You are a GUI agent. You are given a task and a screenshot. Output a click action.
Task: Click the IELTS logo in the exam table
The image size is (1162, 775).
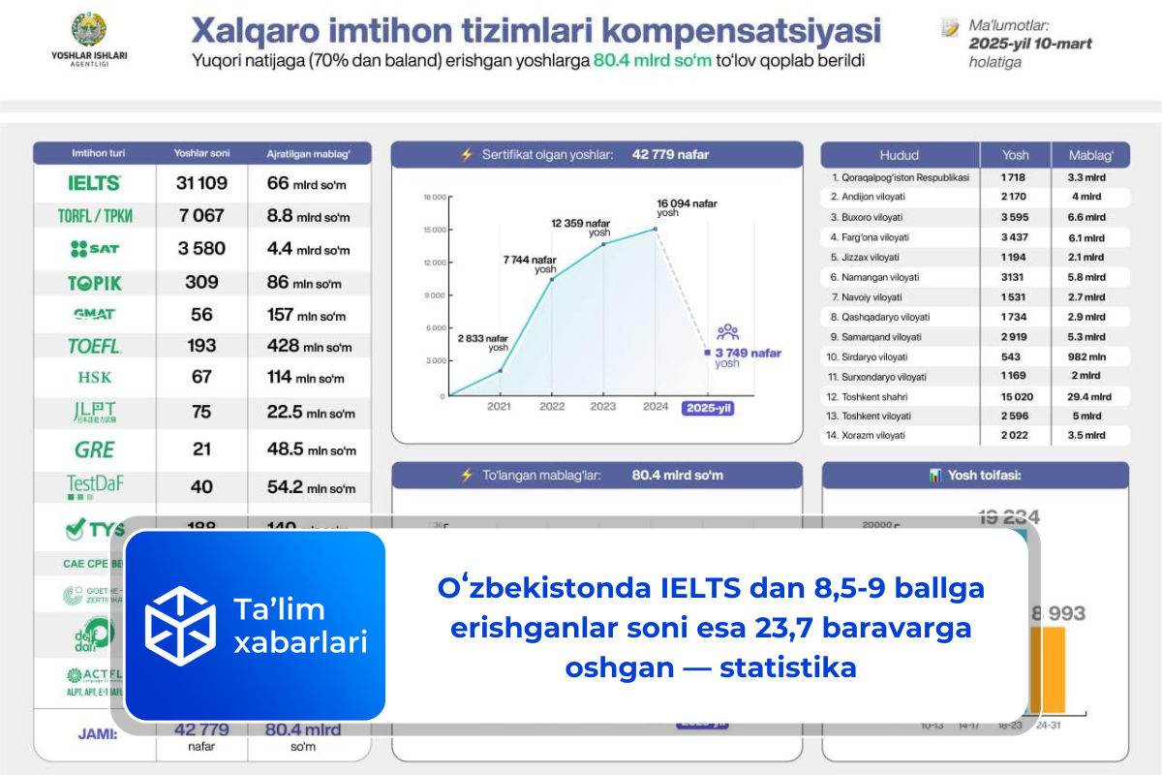tap(94, 183)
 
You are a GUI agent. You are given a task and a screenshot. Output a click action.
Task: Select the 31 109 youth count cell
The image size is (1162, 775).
tap(201, 183)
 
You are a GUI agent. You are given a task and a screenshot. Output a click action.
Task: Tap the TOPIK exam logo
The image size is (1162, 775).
tap(94, 283)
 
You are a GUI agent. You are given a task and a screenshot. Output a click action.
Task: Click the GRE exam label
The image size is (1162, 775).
tap(94, 449)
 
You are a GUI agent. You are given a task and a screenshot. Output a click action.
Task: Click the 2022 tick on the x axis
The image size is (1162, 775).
tap(552, 407)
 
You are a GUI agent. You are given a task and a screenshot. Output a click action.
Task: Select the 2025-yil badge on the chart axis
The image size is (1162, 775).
tap(708, 408)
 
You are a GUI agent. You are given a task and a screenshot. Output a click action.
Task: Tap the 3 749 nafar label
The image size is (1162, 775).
tap(748, 354)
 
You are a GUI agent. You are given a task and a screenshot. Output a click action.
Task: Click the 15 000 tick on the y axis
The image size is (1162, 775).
tap(434, 230)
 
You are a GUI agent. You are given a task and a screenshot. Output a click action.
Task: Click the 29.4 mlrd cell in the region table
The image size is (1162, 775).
tap(1088, 396)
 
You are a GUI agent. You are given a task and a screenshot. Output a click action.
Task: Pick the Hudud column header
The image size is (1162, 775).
tap(899, 155)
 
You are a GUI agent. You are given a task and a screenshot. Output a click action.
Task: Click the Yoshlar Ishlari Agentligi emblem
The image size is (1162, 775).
tap(89, 29)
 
